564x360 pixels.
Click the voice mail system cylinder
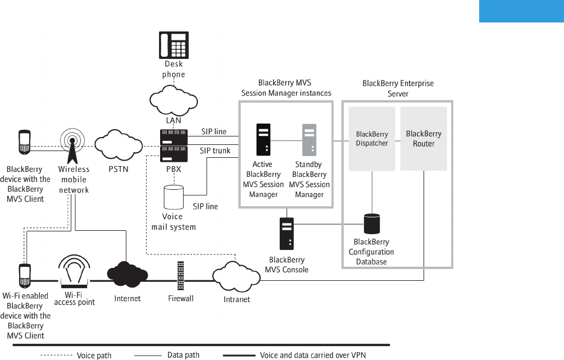pyautogui.click(x=174, y=197)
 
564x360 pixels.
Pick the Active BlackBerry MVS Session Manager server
pyautogui.click(x=263, y=139)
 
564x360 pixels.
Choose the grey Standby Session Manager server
pyautogui.click(x=309, y=139)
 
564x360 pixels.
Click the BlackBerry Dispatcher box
pyautogui.click(x=372, y=139)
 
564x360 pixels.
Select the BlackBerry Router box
pyautogui.click(x=424, y=139)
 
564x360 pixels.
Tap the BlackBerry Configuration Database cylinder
pyautogui.click(x=371, y=224)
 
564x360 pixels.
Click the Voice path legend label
pyautogui.click(x=94, y=356)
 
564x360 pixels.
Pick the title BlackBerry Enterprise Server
pyautogui.click(x=398, y=89)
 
